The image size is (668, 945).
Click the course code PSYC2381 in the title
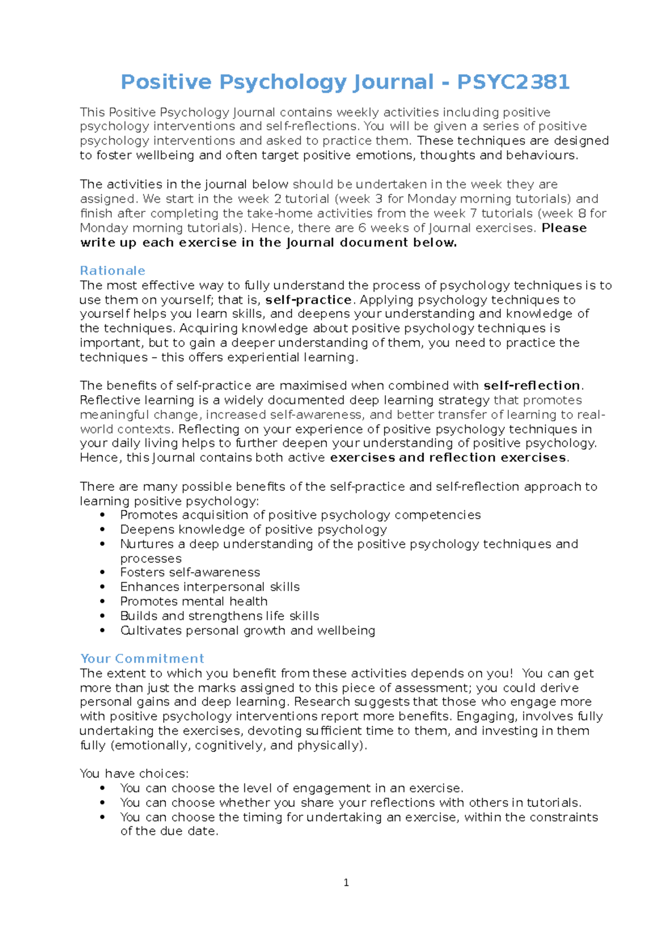(x=513, y=82)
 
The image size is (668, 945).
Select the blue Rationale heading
(x=112, y=271)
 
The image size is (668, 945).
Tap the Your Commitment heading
(x=142, y=659)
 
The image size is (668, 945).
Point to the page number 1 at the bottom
(x=346, y=883)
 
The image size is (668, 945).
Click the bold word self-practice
(x=308, y=300)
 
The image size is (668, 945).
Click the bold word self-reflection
(x=532, y=386)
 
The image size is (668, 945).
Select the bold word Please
(x=564, y=228)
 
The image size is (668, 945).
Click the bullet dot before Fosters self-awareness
(x=102, y=573)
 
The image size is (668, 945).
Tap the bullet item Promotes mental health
(x=194, y=602)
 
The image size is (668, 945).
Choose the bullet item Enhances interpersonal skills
(x=210, y=587)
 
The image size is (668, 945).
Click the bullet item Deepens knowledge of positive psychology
(x=253, y=529)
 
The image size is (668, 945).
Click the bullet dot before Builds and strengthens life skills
(x=102, y=616)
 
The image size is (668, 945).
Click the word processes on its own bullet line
(x=151, y=559)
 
